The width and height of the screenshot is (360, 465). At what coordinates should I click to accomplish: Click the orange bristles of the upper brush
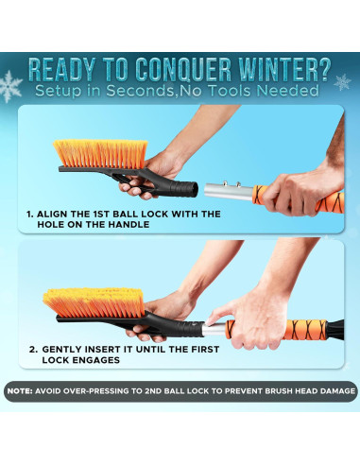coord(99,151)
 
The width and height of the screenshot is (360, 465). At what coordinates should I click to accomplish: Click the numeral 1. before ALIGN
coord(31,215)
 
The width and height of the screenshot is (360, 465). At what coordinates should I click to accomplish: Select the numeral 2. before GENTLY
coord(33,350)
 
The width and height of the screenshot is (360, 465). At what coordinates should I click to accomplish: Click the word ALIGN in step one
coord(60,215)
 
